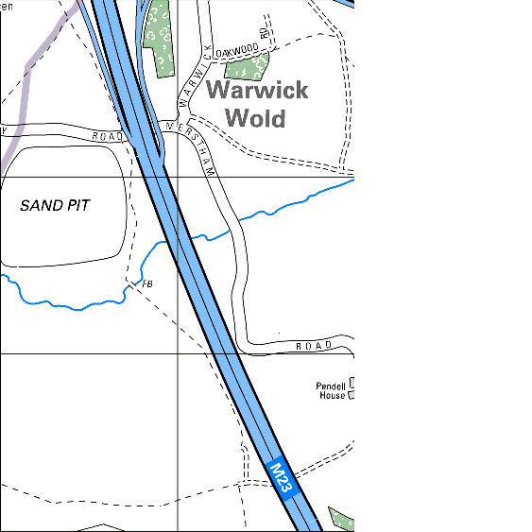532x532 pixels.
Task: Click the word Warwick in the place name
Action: (x=257, y=91)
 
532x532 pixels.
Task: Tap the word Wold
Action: (x=257, y=118)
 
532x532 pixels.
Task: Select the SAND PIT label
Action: (x=55, y=205)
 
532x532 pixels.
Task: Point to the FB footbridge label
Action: (x=146, y=283)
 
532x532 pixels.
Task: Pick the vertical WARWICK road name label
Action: (x=193, y=78)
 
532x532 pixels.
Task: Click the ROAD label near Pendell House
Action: (x=314, y=346)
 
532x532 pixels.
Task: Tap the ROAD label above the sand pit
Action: (x=109, y=136)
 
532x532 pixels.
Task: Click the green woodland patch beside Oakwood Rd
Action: (x=248, y=66)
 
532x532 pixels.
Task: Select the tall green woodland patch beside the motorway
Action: (x=159, y=38)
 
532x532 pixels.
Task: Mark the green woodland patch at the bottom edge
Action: (x=340, y=519)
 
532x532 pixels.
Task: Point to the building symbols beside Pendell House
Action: (x=353, y=388)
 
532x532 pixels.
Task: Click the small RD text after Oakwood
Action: (x=266, y=36)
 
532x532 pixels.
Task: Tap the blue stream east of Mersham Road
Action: (x=293, y=203)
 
